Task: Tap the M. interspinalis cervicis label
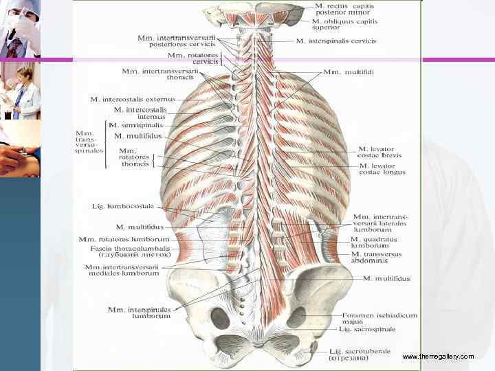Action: (x=336, y=41)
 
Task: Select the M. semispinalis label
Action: (x=139, y=126)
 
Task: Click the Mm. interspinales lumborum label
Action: (x=138, y=313)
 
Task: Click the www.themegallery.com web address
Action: (x=438, y=357)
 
